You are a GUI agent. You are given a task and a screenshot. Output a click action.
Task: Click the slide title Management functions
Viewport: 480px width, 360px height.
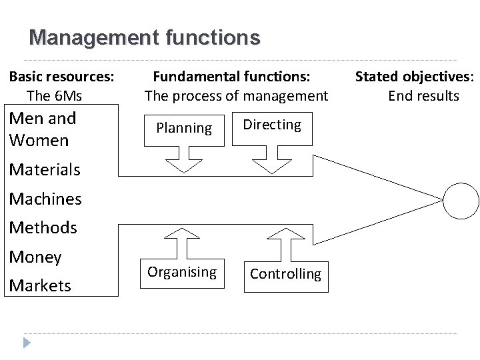(x=145, y=37)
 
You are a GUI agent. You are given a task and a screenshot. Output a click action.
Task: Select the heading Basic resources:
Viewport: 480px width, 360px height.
(x=61, y=76)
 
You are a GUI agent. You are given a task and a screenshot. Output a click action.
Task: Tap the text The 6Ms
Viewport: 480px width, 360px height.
(x=54, y=96)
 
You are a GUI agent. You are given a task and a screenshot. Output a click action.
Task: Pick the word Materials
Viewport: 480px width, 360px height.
(x=44, y=169)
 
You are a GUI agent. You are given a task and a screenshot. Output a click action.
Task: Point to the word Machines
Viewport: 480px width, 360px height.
(x=45, y=199)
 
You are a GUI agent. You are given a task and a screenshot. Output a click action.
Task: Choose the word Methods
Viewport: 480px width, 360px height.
(x=43, y=228)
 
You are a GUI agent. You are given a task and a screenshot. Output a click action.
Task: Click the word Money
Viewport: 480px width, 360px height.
(x=35, y=257)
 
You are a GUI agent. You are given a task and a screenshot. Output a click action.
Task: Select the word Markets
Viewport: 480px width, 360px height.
(x=40, y=286)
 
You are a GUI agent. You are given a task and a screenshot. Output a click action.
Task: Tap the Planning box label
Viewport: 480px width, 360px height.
(x=184, y=127)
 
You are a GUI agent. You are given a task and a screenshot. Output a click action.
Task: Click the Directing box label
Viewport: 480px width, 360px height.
(x=272, y=125)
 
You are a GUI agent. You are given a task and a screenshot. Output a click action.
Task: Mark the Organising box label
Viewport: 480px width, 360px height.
(x=182, y=272)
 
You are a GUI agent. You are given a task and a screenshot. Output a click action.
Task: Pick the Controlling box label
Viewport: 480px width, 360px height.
(x=285, y=274)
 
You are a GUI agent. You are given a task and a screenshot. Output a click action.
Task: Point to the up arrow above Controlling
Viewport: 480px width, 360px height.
(x=285, y=244)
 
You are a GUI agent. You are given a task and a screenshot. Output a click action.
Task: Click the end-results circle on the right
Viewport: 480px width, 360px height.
(x=461, y=199)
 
